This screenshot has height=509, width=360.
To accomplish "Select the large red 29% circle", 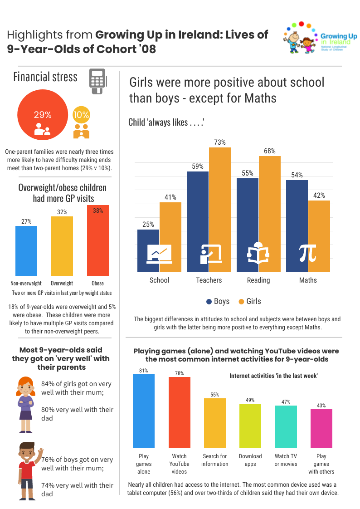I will (x=41, y=114).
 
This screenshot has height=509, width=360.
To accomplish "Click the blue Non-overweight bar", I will (x=26, y=250).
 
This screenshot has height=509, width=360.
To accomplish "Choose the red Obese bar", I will (x=98, y=240).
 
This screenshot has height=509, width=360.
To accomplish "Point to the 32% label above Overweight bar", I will (x=62, y=212).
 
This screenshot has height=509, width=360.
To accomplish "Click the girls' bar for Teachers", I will (x=220, y=209).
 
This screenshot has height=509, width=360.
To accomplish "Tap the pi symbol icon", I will (x=308, y=254).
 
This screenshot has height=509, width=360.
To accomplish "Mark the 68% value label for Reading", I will (x=270, y=151).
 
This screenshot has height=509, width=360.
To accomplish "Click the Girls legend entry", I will (x=249, y=301).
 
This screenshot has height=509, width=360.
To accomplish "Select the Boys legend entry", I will (x=218, y=301).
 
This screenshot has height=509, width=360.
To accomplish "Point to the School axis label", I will (x=159, y=280).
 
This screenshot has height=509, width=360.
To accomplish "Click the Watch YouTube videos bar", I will (x=180, y=412).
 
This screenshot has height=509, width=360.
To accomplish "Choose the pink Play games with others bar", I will (x=321, y=428).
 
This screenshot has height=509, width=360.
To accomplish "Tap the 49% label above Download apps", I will (x=250, y=400).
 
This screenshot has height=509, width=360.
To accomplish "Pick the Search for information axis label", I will (x=215, y=460).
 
